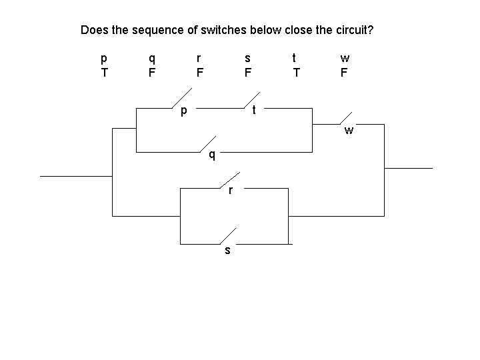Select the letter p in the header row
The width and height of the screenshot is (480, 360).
point(103,58)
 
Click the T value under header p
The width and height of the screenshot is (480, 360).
point(103,72)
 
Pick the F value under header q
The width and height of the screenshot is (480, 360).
point(152,72)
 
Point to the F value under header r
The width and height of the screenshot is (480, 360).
point(199,72)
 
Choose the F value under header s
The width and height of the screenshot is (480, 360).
point(247,72)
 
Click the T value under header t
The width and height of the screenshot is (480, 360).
point(296,72)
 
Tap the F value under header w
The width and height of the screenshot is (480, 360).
point(344,72)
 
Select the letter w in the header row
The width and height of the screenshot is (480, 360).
point(344,58)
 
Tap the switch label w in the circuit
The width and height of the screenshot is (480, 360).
point(349,130)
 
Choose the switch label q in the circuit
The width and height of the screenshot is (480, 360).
point(211,156)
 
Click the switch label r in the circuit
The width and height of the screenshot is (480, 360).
point(230,191)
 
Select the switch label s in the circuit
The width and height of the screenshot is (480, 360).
point(228,251)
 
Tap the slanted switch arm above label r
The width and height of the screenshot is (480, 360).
point(229,180)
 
